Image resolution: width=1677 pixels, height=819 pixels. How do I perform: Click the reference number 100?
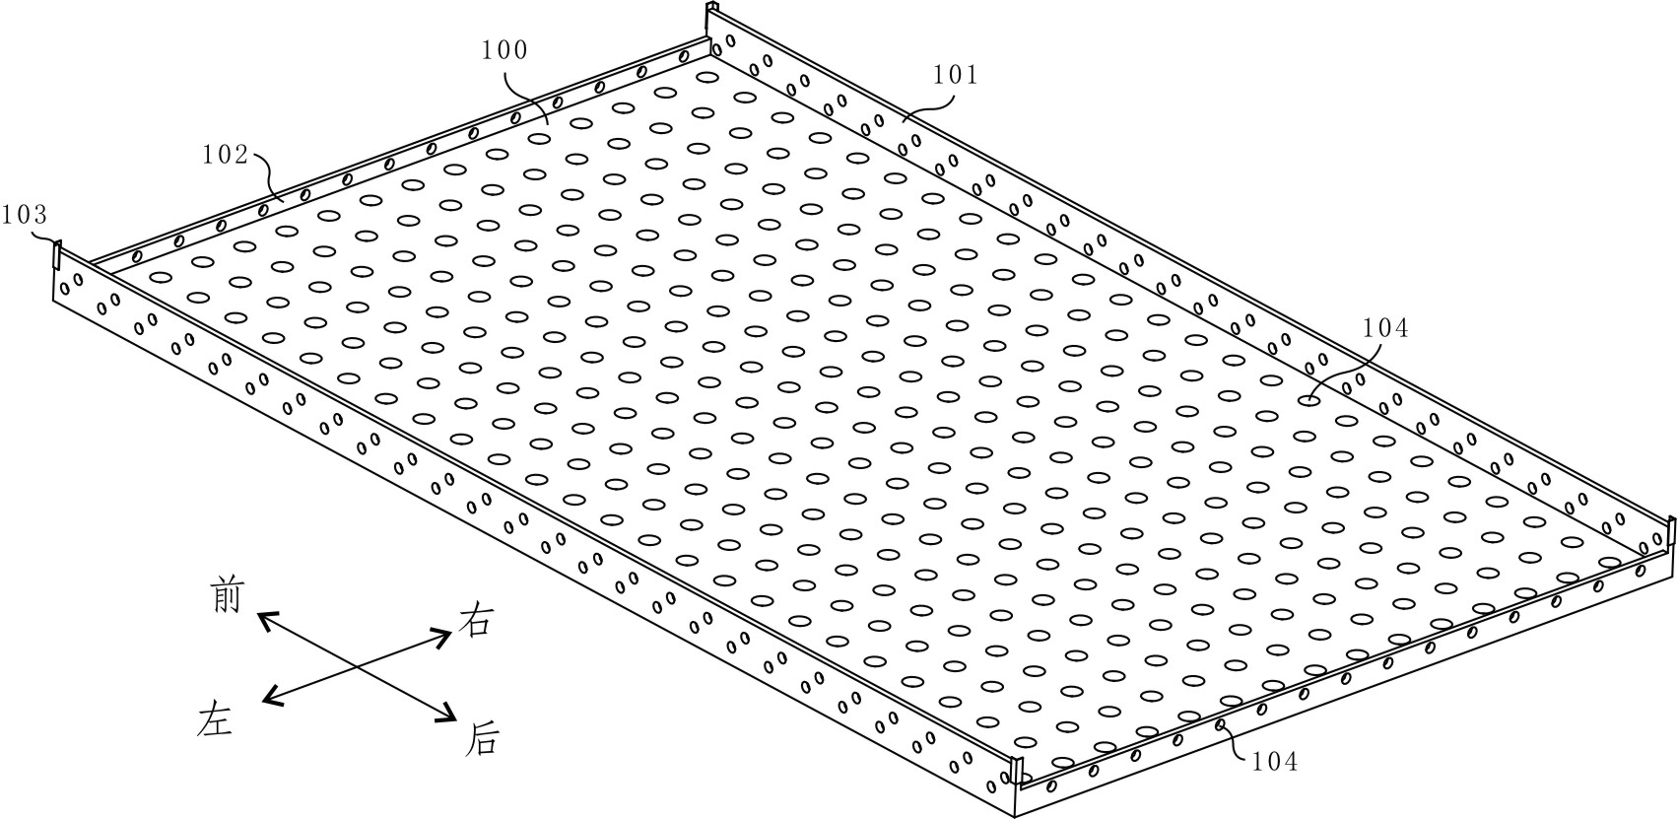pos(504,50)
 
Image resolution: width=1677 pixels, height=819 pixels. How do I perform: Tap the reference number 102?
pos(225,155)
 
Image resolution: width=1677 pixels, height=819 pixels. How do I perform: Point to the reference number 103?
pos(24,214)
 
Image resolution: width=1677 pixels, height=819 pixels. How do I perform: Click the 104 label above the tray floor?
pos(1385,328)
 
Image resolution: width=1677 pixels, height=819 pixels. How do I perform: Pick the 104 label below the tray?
pos(1274,760)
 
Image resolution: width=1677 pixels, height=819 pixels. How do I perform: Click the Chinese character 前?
pos(227,595)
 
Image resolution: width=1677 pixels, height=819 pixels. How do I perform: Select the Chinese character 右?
pos(476,621)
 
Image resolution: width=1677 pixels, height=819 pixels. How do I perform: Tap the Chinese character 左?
pos(214,718)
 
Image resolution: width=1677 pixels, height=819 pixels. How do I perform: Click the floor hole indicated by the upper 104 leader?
pos(1309,399)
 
